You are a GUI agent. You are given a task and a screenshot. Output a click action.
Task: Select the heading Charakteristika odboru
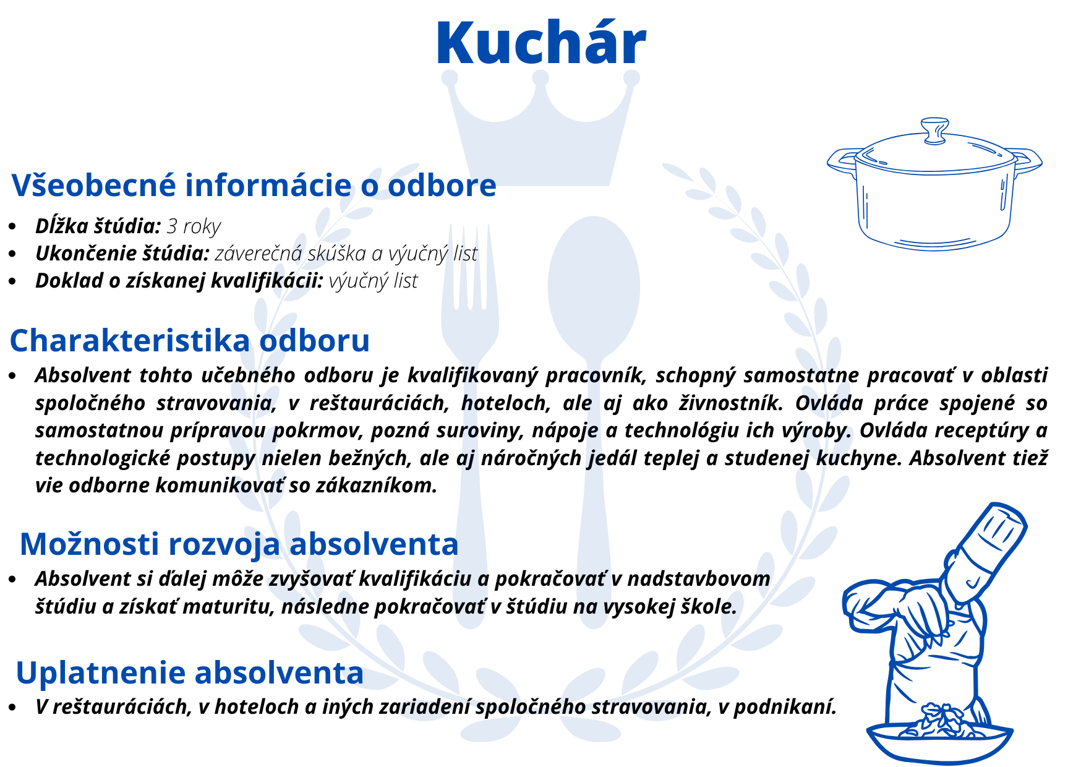190,341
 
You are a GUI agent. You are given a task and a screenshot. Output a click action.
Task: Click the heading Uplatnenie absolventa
190,673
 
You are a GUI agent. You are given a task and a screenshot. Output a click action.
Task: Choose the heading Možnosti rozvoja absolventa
239,544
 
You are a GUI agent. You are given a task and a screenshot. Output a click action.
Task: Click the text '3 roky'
194,226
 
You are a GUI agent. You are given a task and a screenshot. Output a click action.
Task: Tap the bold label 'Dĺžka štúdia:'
98,226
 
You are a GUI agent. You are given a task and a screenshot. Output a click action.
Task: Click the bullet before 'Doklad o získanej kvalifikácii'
13,281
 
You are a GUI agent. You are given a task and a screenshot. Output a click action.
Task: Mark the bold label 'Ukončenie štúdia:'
122,254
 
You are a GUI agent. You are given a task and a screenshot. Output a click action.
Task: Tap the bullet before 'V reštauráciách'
13,707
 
